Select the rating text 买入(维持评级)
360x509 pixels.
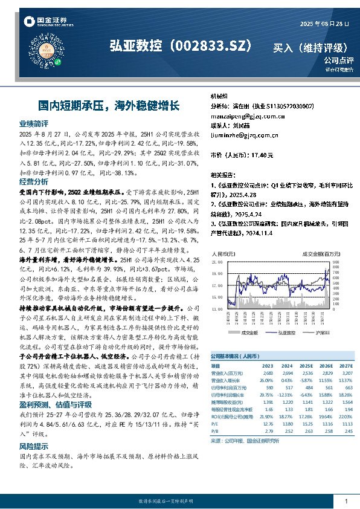(309, 47)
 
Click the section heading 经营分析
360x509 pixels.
(34, 181)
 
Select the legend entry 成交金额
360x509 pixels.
(248, 332)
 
